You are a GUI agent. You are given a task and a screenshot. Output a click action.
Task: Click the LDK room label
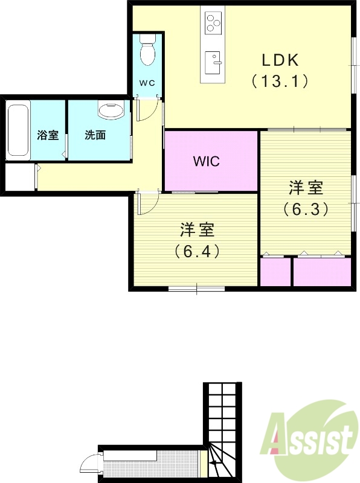(281, 60)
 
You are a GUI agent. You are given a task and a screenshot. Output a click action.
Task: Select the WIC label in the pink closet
(206, 161)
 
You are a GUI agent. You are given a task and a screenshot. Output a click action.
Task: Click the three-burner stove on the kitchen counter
(213, 22)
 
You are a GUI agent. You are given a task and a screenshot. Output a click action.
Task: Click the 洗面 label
(95, 135)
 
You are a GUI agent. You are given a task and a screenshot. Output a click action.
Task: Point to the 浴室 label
(48, 135)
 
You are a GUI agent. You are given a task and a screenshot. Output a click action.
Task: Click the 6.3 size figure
(306, 208)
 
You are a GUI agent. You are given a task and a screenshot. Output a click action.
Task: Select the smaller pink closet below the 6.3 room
(275, 272)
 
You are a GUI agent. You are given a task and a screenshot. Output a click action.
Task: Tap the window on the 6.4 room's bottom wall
(196, 289)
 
